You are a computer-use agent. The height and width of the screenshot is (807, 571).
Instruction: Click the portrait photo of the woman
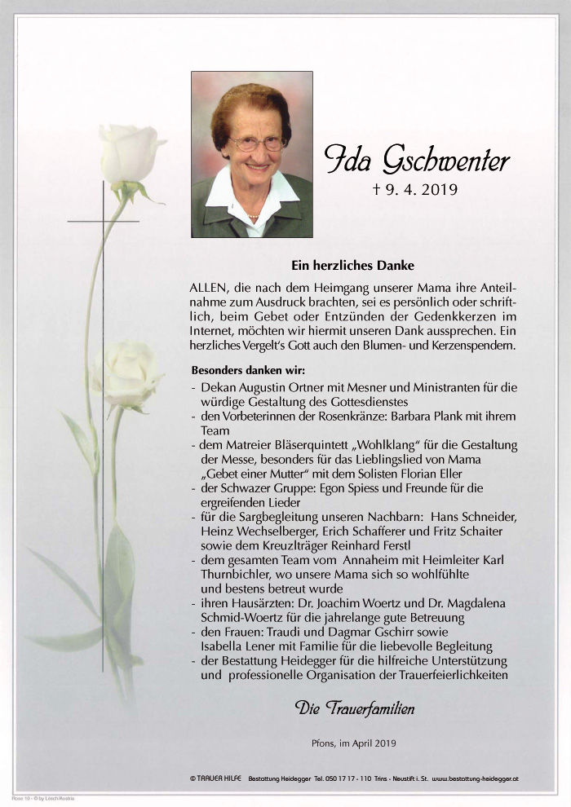click(x=252, y=154)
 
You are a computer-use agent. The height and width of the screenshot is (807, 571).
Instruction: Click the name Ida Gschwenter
click(x=417, y=160)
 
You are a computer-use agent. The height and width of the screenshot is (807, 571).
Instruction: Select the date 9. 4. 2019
click(x=415, y=191)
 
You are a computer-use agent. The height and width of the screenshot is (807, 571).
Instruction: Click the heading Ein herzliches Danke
click(x=353, y=265)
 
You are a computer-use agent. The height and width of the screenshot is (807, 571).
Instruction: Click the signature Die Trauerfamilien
click(x=355, y=708)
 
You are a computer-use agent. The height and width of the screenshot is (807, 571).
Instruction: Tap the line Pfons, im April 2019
click(x=354, y=743)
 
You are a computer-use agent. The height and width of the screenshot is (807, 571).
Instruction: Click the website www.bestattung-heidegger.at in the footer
click(x=476, y=778)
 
